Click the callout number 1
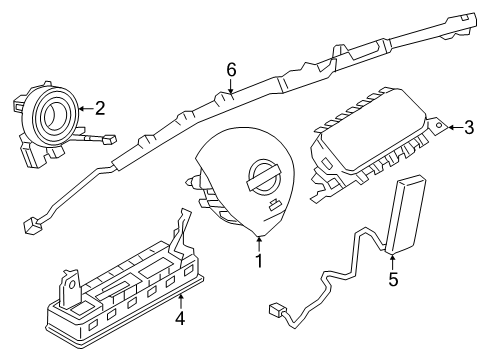(x=258, y=262)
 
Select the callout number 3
(x=469, y=127)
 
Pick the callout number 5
(x=393, y=279)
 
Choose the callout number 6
(x=231, y=69)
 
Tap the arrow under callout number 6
(x=231, y=88)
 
